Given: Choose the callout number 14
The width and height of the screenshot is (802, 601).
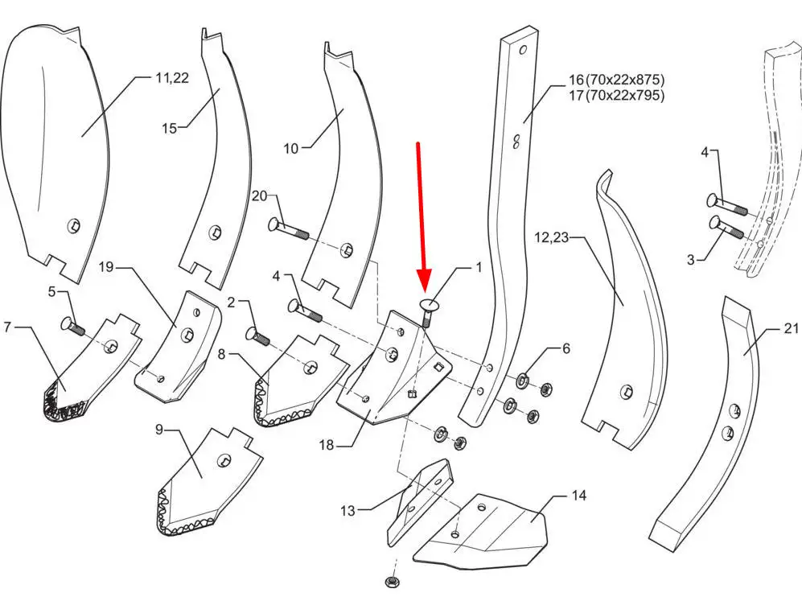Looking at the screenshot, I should tap(578, 496).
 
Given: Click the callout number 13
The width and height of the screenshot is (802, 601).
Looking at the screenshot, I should tap(348, 510).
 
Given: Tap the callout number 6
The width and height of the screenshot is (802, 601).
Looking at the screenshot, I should tap(566, 348).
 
